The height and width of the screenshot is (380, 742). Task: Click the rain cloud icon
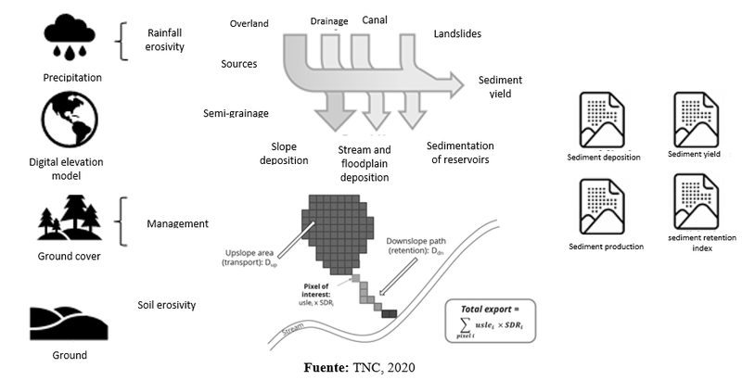tap(70, 35)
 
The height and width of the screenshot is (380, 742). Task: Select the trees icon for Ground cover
tap(70, 218)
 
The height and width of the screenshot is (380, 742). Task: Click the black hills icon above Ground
tap(69, 323)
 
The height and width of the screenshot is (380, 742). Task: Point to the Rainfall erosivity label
tap(164, 40)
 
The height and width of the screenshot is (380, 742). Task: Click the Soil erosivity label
tap(167, 305)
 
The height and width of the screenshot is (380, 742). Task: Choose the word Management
tap(177, 223)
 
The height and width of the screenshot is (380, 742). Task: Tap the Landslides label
tap(457, 33)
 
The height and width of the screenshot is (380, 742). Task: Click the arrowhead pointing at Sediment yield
tap(455, 85)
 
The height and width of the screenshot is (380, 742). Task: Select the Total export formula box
tap(491, 321)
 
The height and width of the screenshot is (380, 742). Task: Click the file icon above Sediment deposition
tap(602, 120)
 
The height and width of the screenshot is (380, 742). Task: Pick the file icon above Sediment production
tap(602, 206)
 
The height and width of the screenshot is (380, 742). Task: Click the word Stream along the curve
tap(293, 329)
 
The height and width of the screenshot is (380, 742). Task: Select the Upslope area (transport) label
tap(249, 258)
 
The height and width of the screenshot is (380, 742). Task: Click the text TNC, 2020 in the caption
tap(384, 368)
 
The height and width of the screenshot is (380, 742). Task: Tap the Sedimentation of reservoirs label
tap(460, 152)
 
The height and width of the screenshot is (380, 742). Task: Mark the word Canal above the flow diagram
tap(375, 19)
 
